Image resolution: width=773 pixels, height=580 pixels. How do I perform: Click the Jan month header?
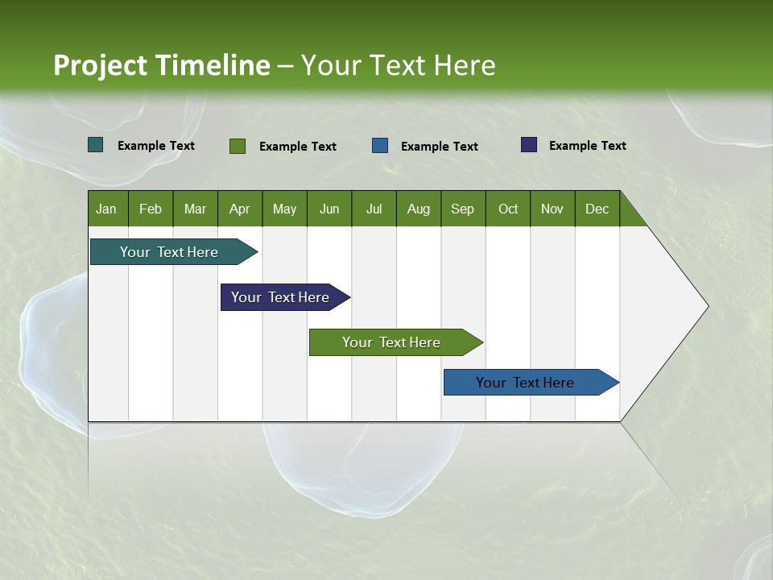(107, 209)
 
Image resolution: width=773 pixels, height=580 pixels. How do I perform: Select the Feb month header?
(151, 209)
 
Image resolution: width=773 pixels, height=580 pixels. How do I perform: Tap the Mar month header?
(196, 209)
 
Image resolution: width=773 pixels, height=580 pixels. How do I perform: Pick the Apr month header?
(240, 209)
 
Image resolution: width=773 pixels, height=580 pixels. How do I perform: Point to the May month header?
(284, 209)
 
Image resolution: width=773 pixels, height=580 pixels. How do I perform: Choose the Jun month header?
(329, 209)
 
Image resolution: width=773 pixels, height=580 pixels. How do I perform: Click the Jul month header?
(374, 209)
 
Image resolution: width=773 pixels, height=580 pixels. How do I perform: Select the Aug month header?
(419, 209)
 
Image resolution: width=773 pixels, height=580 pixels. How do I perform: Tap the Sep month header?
(463, 209)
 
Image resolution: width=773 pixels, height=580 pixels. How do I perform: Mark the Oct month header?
(508, 209)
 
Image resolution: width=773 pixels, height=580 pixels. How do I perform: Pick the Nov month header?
(552, 209)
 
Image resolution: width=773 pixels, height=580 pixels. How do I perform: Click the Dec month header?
(597, 209)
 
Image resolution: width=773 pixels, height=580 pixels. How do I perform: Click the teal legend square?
(96, 145)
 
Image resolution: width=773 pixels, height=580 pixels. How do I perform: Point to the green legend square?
(238, 146)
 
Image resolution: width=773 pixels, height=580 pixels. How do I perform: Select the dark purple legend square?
(529, 145)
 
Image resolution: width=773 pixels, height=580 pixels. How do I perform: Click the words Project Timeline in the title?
(162, 65)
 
